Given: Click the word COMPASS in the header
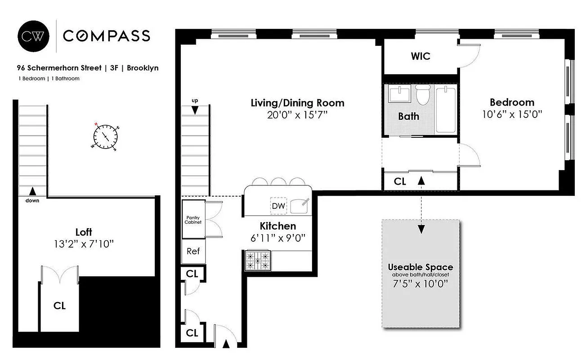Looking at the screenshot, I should pyautogui.click(x=106, y=36).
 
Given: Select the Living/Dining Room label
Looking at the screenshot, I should pyautogui.click(x=297, y=103).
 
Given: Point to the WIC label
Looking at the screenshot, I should pyautogui.click(x=420, y=56).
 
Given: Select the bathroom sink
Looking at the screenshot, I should pyautogui.click(x=400, y=95).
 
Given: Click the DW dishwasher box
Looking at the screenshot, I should pyautogui.click(x=277, y=205).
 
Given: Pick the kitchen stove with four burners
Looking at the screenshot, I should pyautogui.click(x=258, y=261).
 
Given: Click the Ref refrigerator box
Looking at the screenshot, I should pyautogui.click(x=193, y=251).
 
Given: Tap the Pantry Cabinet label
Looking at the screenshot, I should pyautogui.click(x=193, y=220).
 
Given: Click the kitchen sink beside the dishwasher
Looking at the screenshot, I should pyautogui.click(x=300, y=206).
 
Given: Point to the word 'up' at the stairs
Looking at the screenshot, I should pyautogui.click(x=195, y=100).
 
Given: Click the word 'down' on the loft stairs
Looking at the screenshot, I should pyautogui.click(x=32, y=201).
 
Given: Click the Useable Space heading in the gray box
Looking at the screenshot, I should pyautogui.click(x=420, y=267).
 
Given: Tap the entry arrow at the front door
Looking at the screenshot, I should pyautogui.click(x=226, y=344).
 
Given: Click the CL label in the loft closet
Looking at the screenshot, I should pyautogui.click(x=59, y=306).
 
